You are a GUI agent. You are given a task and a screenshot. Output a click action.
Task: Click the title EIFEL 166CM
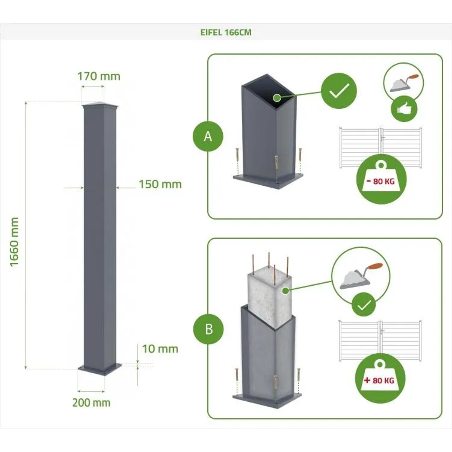tap(226, 32)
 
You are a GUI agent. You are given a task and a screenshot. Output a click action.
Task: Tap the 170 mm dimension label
tap(99, 76)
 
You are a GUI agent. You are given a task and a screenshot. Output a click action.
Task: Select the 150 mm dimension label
tap(160, 184)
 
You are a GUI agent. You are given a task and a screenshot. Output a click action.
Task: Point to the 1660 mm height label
tap(14, 242)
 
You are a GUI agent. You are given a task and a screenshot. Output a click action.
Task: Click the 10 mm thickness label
tap(160, 349)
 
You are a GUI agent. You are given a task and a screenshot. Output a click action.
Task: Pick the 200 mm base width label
tap(91, 403)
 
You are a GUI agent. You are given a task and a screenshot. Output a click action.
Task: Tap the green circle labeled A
tap(208, 137)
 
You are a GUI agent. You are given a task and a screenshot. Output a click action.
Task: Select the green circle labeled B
tap(209, 329)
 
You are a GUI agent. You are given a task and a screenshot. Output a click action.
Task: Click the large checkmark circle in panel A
tap(339, 91)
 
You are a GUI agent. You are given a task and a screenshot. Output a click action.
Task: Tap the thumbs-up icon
tap(404, 109)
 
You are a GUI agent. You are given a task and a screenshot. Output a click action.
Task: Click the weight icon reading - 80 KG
tap(381, 179)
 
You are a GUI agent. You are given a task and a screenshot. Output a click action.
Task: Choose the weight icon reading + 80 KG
tap(380, 378)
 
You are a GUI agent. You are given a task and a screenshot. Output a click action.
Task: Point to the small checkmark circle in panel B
tap(364, 305)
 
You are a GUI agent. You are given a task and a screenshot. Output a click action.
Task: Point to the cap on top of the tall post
tap(100, 105)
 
